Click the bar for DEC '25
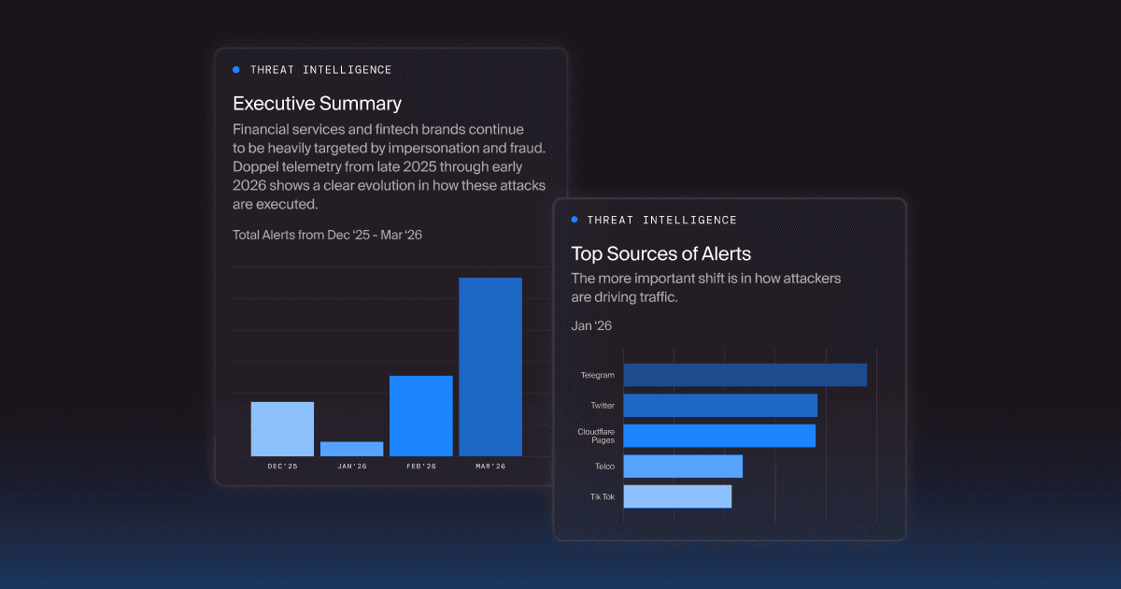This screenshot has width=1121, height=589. coord(282,429)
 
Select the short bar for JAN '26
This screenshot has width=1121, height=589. coord(351,449)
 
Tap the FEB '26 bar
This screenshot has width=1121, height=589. coord(420,416)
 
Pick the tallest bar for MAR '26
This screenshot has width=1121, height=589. coord(490,366)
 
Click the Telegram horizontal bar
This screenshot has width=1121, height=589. coord(745,375)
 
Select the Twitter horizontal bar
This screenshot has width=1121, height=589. coord(720,406)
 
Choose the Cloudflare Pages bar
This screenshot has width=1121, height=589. coord(719,436)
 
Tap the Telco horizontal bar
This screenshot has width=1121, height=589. coord(683,466)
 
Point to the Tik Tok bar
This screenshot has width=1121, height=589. coord(677,496)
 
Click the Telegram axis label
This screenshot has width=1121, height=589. coord(597,376)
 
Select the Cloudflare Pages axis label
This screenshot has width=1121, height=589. coord(596,436)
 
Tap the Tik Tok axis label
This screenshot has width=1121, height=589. coord(602,496)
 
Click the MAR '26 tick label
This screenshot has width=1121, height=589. coord(490,467)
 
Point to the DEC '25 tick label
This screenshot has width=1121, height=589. coord(282,467)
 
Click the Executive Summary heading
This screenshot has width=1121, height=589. coord(317,104)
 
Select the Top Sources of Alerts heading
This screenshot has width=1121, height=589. coord(660,253)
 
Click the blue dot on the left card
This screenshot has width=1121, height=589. coord(236,70)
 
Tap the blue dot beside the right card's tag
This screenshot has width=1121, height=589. coord(575,220)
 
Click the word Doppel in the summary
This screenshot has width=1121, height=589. coord(255,166)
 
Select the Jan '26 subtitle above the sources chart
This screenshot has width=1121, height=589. coord(591,326)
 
